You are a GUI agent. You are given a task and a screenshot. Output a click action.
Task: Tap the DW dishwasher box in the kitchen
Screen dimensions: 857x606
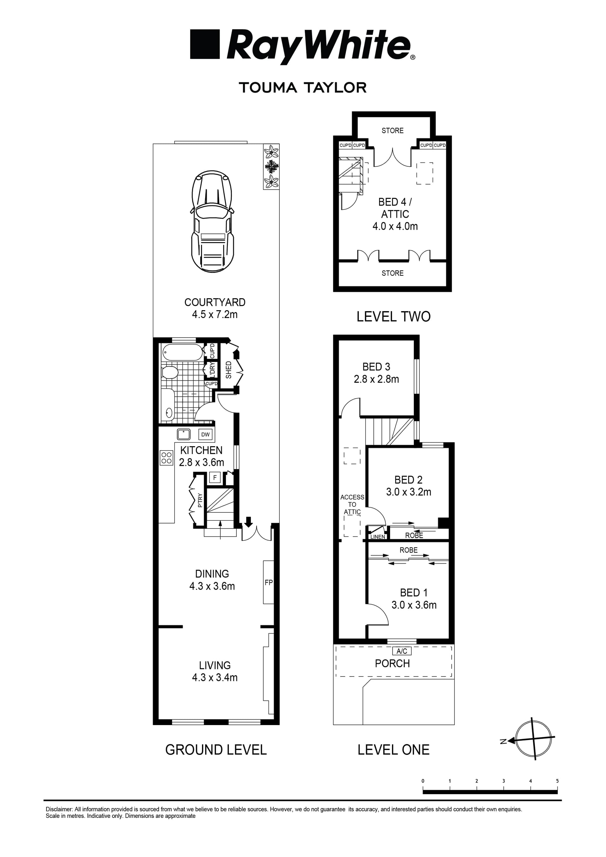click(205, 434)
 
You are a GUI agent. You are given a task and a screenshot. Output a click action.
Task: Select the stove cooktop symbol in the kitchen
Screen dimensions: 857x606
click(167, 458)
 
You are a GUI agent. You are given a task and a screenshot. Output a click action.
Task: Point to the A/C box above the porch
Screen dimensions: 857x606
click(402, 651)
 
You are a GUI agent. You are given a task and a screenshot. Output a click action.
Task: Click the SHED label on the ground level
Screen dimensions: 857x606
click(229, 369)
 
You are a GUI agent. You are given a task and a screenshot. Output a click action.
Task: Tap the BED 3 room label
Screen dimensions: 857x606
click(376, 367)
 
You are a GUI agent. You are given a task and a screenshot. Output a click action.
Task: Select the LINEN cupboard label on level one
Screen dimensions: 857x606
click(377, 537)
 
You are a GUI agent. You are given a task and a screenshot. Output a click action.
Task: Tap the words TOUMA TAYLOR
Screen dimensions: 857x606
click(302, 88)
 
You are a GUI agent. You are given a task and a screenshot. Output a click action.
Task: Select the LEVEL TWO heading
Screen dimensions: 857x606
click(393, 316)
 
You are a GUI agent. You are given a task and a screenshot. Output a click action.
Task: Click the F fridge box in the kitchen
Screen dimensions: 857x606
click(215, 477)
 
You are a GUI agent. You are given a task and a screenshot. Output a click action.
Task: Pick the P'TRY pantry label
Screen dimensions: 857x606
click(200, 500)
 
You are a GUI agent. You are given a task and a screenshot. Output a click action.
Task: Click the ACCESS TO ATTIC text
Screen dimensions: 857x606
click(352, 504)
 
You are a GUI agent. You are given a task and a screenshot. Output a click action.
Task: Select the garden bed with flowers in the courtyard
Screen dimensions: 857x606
click(271, 167)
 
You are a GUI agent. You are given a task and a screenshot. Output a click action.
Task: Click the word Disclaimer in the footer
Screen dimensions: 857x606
click(59, 809)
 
